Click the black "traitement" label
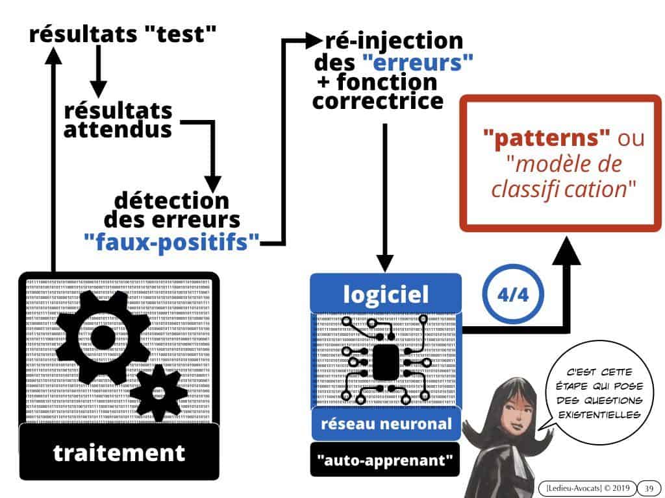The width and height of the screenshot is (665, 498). coord(119,453)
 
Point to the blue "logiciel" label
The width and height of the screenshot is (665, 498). coord(386,294)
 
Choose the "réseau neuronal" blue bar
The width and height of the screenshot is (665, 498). coord(386,423)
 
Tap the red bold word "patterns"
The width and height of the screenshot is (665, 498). coord(546,138)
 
